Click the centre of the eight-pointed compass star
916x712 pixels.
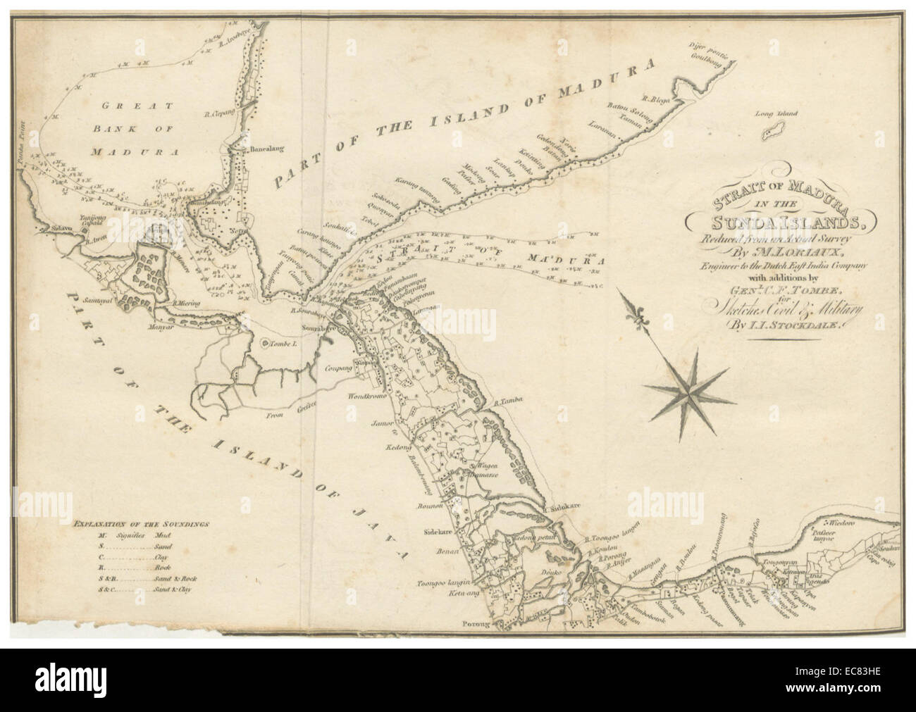pyautogui.click(x=690, y=385)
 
